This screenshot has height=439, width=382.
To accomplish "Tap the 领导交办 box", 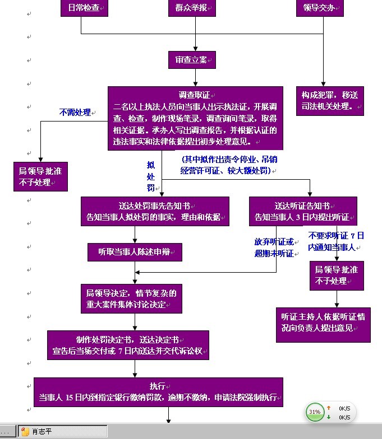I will [320, 8].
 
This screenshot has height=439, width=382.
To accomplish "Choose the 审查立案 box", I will [191, 60].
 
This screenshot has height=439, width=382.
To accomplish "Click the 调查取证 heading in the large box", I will [194, 95].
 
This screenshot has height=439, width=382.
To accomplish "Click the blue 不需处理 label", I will [76, 113].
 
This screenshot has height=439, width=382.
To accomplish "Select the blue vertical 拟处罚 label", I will [150, 176].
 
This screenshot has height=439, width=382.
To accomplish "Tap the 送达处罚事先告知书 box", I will [155, 211].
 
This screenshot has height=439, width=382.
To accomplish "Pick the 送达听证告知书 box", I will [303, 211].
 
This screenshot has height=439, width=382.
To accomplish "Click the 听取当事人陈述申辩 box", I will [135, 252].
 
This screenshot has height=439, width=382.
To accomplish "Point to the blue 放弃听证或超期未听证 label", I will [274, 247].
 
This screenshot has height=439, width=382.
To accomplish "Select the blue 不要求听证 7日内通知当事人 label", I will [335, 241].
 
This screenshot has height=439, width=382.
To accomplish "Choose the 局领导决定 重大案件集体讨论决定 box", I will [131, 298].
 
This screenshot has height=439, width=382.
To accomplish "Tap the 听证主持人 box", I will [323, 323].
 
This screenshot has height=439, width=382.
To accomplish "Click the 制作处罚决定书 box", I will [128, 345].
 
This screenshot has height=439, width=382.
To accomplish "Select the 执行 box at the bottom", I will [158, 392].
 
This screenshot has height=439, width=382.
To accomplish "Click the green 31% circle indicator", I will [314, 412].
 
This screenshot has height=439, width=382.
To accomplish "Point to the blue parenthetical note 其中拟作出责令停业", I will [230, 165].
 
